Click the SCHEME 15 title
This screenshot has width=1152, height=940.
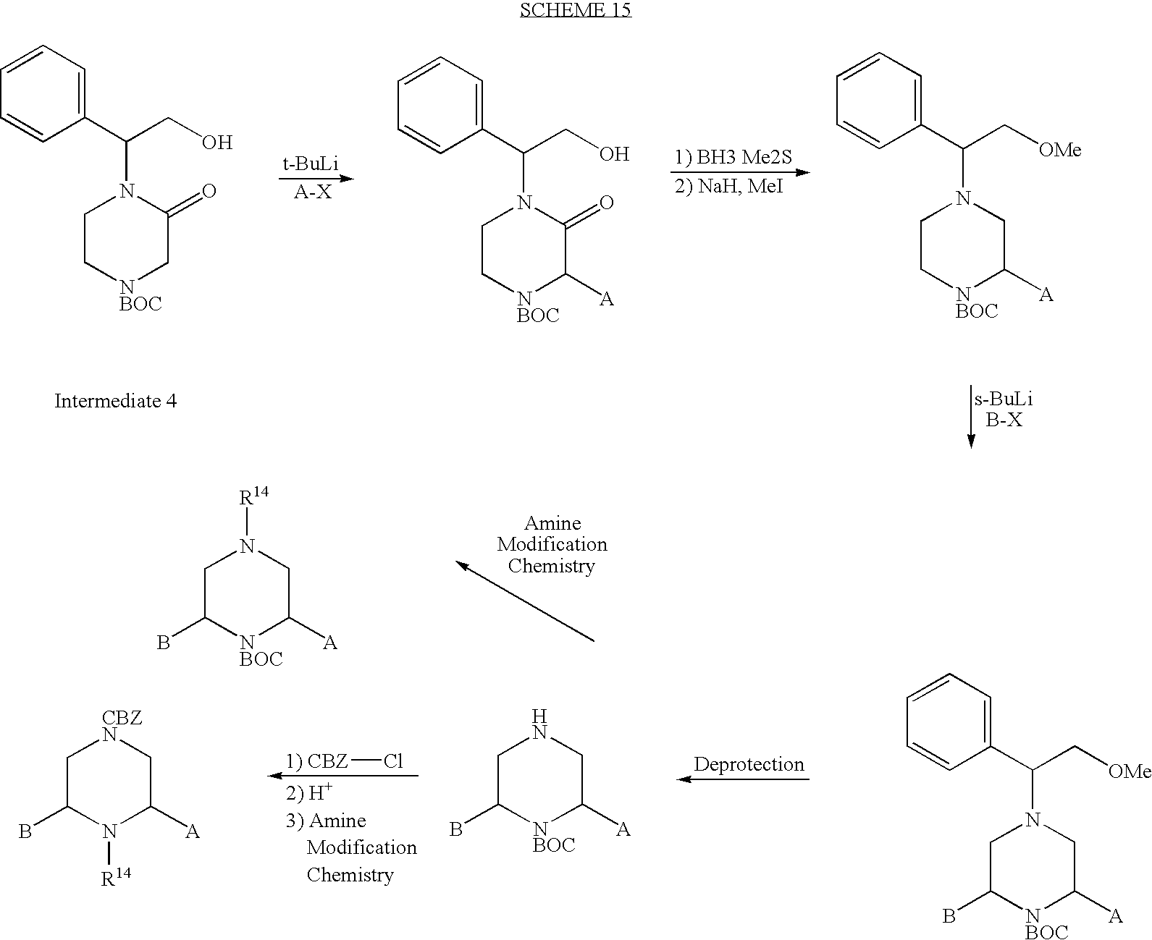click(x=575, y=9)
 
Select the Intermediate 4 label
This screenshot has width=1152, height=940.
click(x=115, y=401)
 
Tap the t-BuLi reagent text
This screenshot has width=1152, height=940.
click(x=310, y=164)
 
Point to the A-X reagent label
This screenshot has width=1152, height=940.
click(x=313, y=192)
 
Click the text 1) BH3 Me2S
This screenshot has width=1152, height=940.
click(x=733, y=157)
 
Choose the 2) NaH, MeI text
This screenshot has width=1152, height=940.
click(x=728, y=186)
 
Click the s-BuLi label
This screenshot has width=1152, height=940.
click(x=1004, y=399)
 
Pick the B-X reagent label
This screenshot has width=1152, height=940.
click(x=1004, y=419)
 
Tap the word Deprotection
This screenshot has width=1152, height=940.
click(x=749, y=764)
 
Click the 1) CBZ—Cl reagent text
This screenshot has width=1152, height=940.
click(x=344, y=761)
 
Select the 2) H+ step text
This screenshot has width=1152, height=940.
click(x=309, y=792)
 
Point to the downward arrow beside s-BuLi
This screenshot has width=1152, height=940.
click(x=971, y=417)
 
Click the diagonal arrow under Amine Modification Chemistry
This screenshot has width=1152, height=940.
click(x=525, y=601)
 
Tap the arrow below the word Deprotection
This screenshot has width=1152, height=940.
click(x=742, y=779)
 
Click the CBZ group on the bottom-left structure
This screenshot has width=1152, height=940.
click(x=122, y=717)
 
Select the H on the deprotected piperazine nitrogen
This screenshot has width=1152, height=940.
click(x=539, y=716)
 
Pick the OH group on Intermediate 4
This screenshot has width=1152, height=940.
click(x=216, y=143)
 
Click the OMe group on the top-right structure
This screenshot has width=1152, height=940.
click(x=1060, y=150)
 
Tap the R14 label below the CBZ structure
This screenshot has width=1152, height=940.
click(x=116, y=876)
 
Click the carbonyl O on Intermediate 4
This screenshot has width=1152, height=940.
click(x=209, y=190)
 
